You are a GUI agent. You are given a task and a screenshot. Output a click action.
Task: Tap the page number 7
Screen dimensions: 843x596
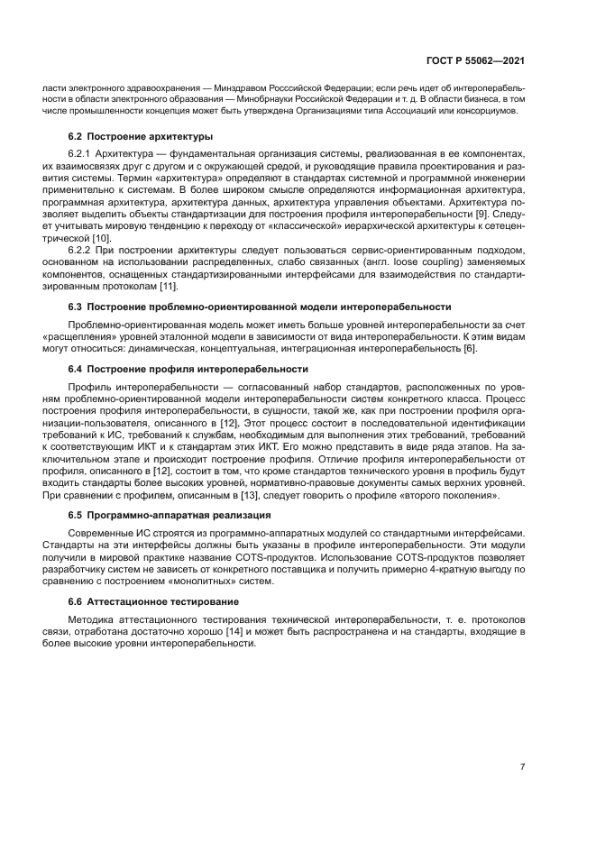[x=523, y=767]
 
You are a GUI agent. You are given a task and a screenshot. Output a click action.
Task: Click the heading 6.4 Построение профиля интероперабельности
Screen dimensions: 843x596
[x=188, y=370]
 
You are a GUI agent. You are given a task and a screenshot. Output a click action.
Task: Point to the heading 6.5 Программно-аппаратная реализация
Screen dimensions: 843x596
[x=170, y=515]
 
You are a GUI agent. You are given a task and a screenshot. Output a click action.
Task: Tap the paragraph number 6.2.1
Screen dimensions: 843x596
[x=82, y=155]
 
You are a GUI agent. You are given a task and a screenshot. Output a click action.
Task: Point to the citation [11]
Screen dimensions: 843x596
[x=168, y=287]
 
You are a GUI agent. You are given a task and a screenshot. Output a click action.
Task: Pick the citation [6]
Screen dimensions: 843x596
[x=469, y=348]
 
